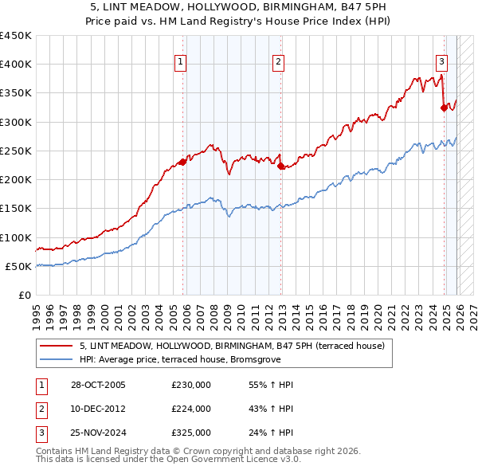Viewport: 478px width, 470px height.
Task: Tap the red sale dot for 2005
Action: click(x=183, y=163)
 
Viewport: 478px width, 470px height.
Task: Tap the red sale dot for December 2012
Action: click(x=281, y=166)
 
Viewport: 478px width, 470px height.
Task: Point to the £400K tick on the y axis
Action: click(x=16, y=65)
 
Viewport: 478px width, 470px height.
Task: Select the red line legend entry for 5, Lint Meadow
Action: click(x=232, y=346)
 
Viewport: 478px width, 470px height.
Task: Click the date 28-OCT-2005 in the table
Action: click(x=98, y=385)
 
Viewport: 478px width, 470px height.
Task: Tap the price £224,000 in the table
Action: click(x=191, y=409)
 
